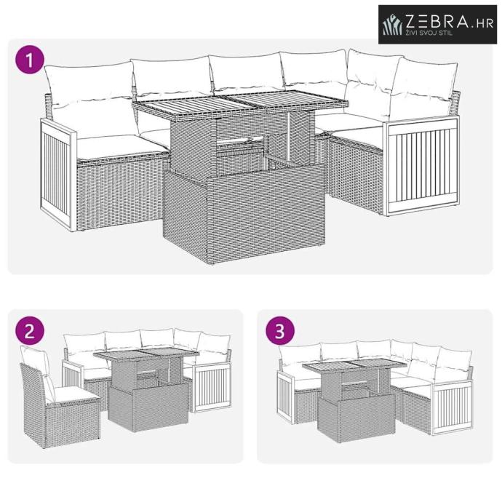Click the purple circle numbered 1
click(x=30, y=60)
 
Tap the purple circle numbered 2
click(x=30, y=331)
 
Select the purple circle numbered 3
click(x=280, y=331)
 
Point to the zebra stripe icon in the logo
click(x=392, y=25)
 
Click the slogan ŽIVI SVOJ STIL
click(x=429, y=33)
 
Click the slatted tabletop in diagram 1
click(x=240, y=103)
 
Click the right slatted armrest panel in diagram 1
click(x=423, y=166)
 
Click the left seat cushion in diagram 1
click(x=123, y=147)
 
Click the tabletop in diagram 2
click(x=146, y=355)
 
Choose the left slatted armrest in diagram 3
click(x=286, y=398)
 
